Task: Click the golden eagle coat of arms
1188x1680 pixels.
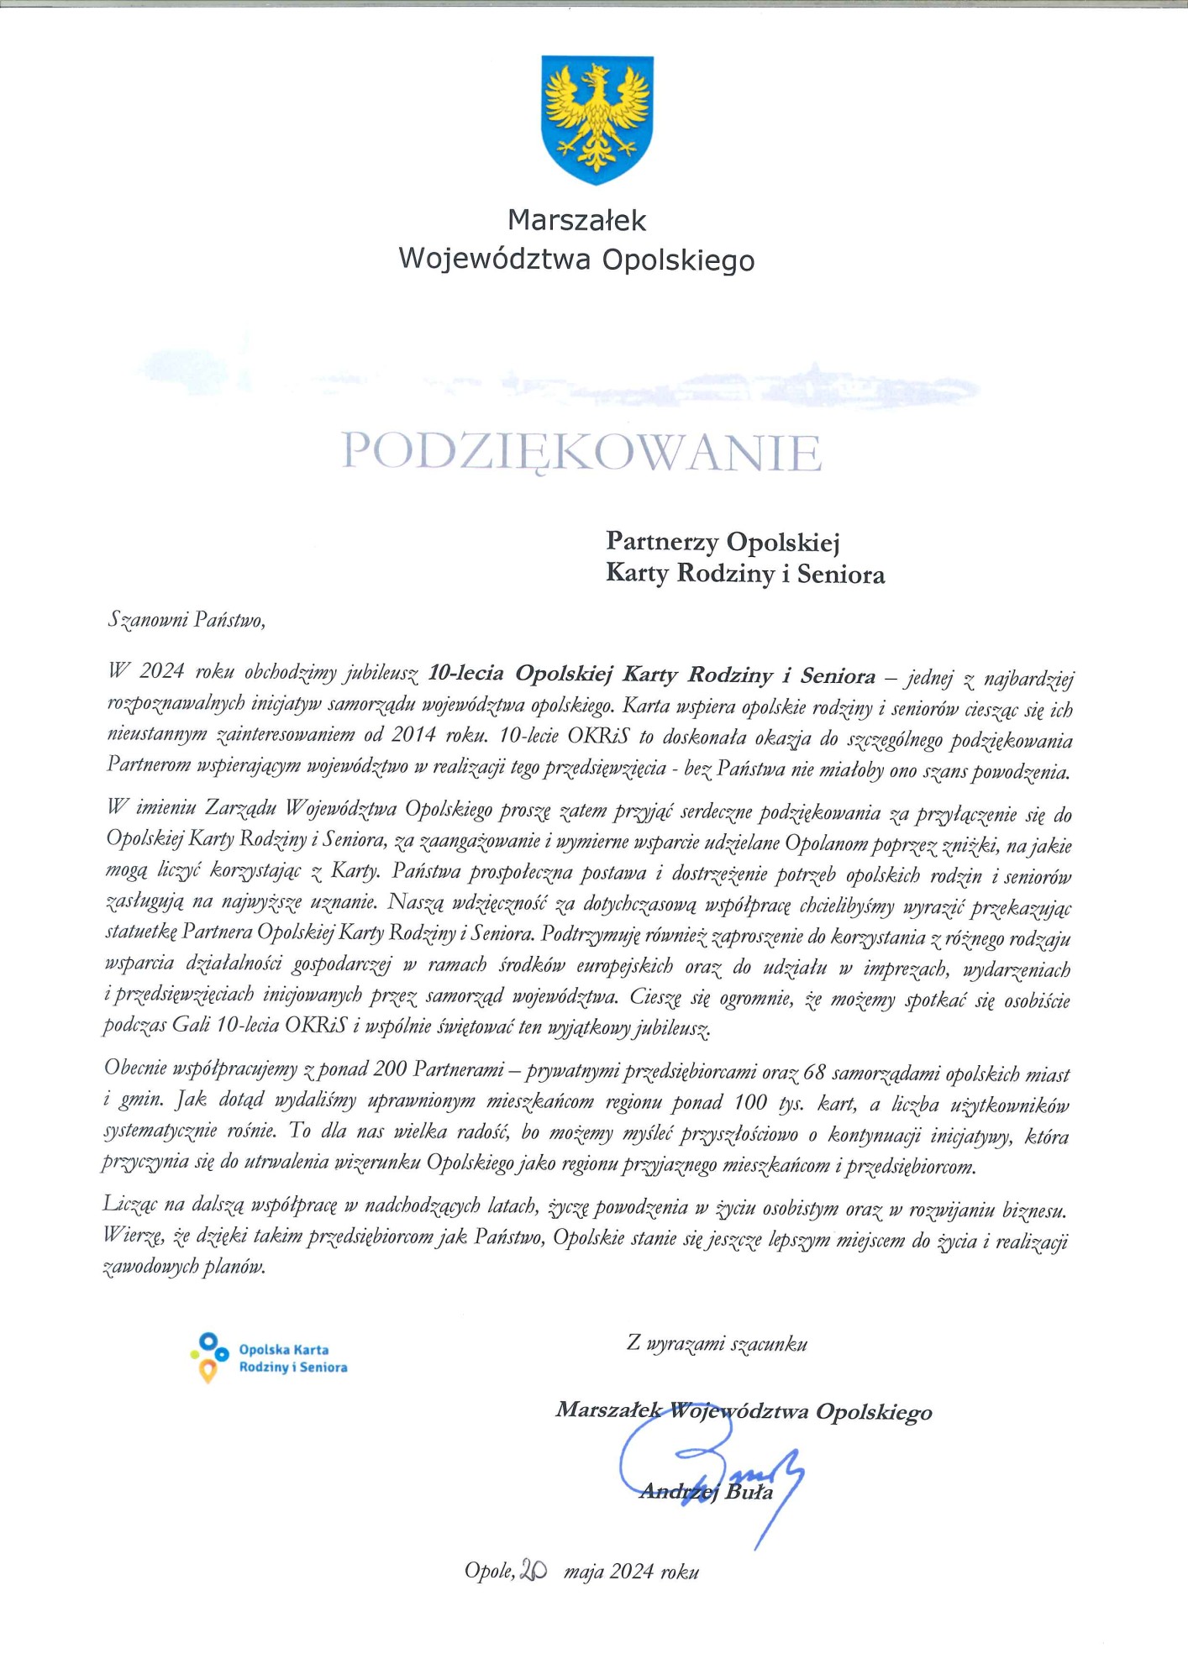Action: pos(597,119)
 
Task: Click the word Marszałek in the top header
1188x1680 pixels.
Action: pos(576,221)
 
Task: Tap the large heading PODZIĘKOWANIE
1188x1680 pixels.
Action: pos(581,453)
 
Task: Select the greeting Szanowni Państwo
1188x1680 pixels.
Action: pos(187,621)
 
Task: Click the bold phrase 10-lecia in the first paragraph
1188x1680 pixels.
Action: pos(465,675)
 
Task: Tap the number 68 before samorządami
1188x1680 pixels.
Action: pos(814,1073)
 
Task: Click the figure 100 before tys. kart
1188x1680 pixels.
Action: pos(750,1102)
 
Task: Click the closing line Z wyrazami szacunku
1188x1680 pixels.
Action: pos(717,1343)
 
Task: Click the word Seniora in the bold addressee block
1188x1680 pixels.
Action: pos(840,575)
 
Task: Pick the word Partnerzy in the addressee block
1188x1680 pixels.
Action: pos(662,543)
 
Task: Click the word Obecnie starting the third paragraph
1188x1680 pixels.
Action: pos(134,1068)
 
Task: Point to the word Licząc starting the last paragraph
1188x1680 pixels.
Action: pos(130,1205)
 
